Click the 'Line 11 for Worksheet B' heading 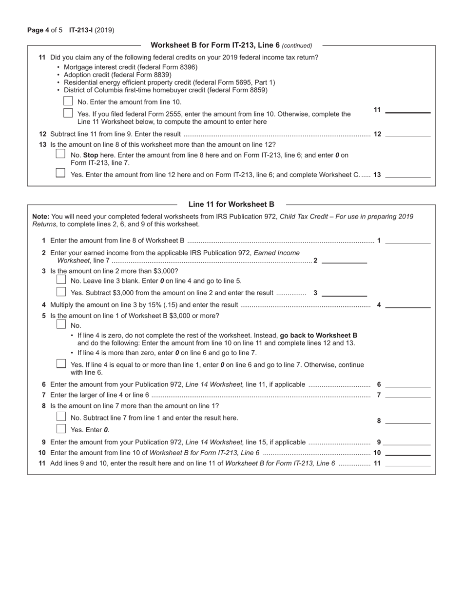click(x=231, y=204)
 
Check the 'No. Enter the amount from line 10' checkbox click(x=68, y=101)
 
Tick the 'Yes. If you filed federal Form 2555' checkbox click(x=68, y=113)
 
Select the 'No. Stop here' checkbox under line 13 click(x=60, y=154)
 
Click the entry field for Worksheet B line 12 click(x=407, y=134)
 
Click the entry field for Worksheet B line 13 click(x=407, y=174)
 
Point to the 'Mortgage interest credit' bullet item click(x=130, y=67)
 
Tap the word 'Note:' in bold click(x=40, y=217)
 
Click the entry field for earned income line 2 click(x=344, y=260)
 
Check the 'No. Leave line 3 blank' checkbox click(x=61, y=280)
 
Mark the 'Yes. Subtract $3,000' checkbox click(x=61, y=292)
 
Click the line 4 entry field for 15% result click(x=407, y=305)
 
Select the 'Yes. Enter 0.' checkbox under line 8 click(x=61, y=429)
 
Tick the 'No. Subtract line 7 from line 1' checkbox click(x=61, y=417)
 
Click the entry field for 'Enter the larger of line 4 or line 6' click(x=407, y=395)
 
